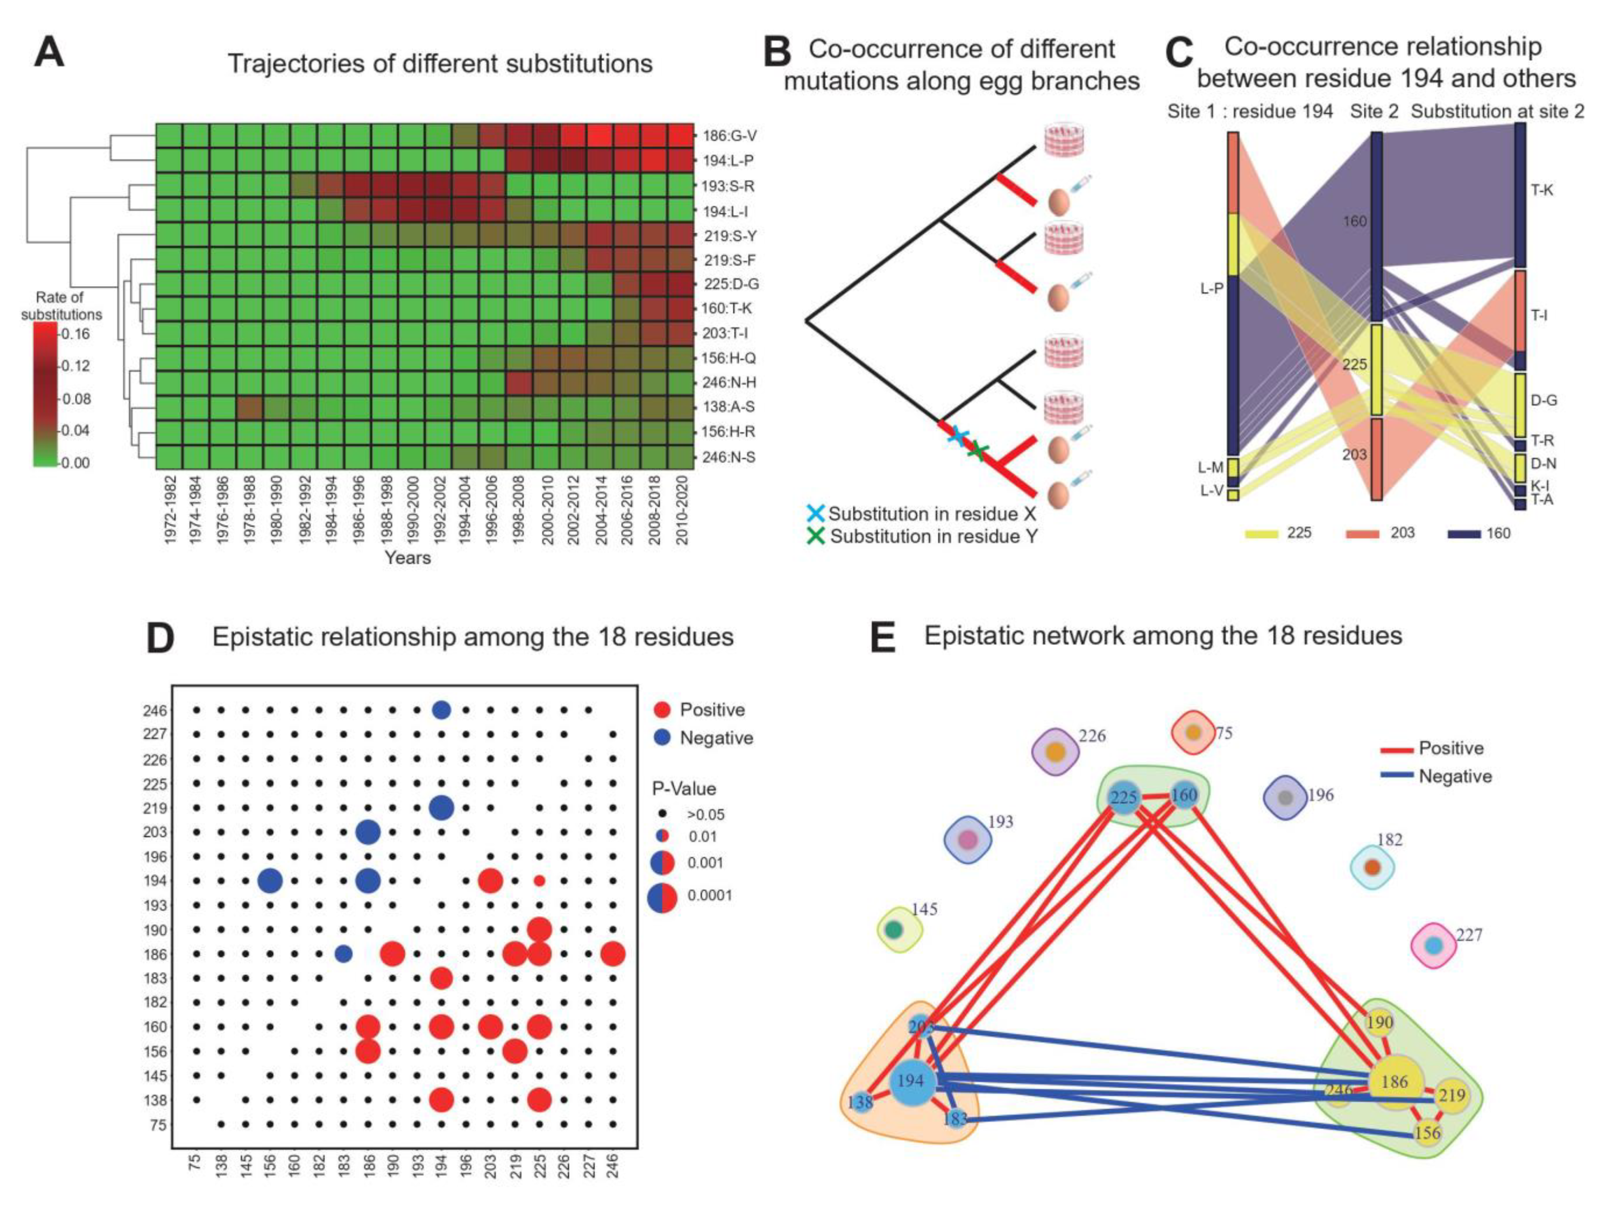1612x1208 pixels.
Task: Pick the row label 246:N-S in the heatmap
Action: click(x=729, y=457)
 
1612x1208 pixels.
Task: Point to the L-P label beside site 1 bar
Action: click(x=1212, y=289)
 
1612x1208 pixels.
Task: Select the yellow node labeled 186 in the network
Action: click(x=1395, y=1082)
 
